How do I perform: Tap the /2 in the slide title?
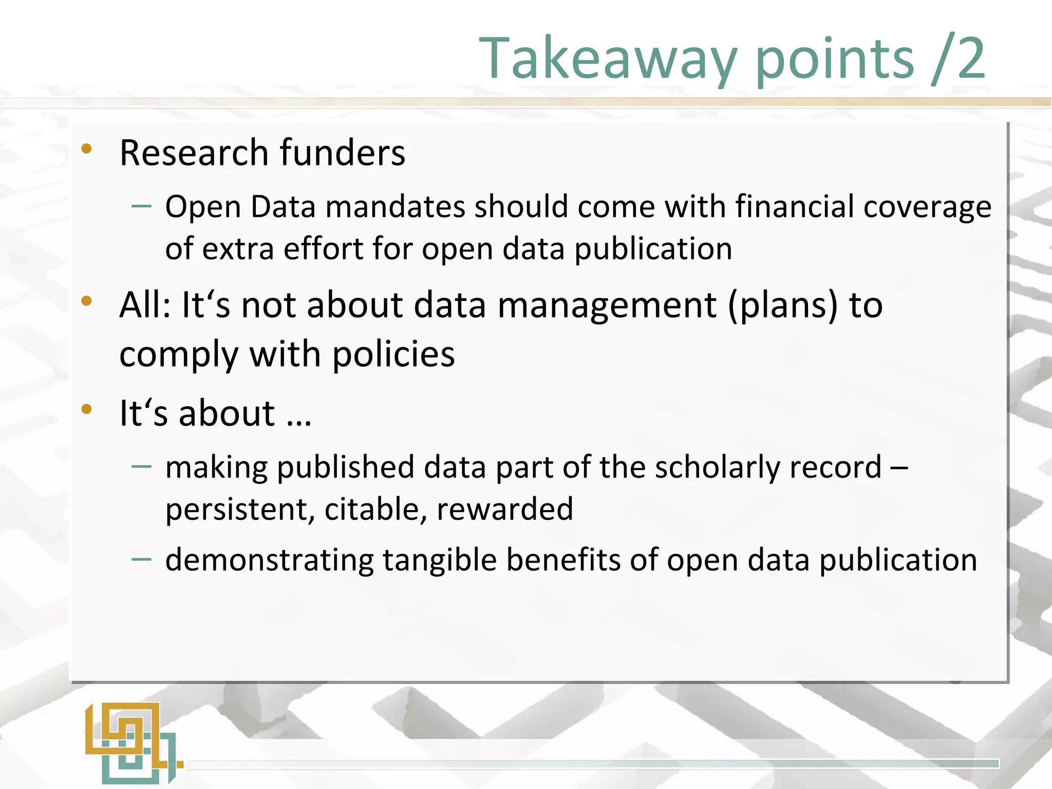957,59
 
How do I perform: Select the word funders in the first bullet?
342,153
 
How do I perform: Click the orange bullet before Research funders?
86,149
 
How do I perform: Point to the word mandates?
395,207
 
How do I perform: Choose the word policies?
393,354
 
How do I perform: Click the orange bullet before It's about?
86,409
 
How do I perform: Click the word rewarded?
504,509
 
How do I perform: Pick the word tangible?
440,560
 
